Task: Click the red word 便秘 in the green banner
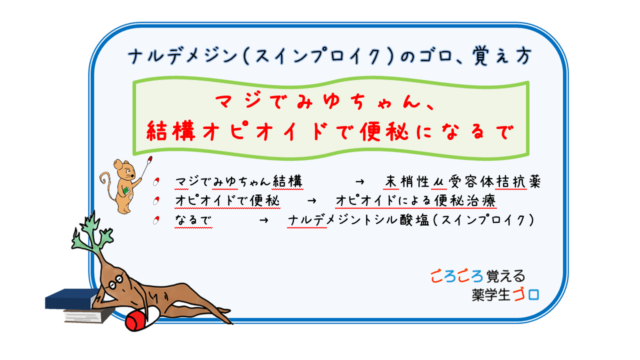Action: pos(383,132)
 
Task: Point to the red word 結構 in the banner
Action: pos(171,131)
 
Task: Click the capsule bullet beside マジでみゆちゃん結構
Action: pos(156,181)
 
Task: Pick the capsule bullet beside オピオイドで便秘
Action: pos(156,201)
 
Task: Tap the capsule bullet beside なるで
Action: pos(156,220)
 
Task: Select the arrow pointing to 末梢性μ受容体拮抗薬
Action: pos(359,181)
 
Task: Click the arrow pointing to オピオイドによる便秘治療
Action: pos(311,201)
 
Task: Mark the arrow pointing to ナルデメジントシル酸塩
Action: pos(263,220)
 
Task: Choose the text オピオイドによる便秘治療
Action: pos(415,200)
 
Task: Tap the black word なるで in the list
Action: pos(193,220)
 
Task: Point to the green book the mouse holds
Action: pos(126,190)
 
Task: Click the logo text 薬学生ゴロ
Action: pos(505,295)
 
